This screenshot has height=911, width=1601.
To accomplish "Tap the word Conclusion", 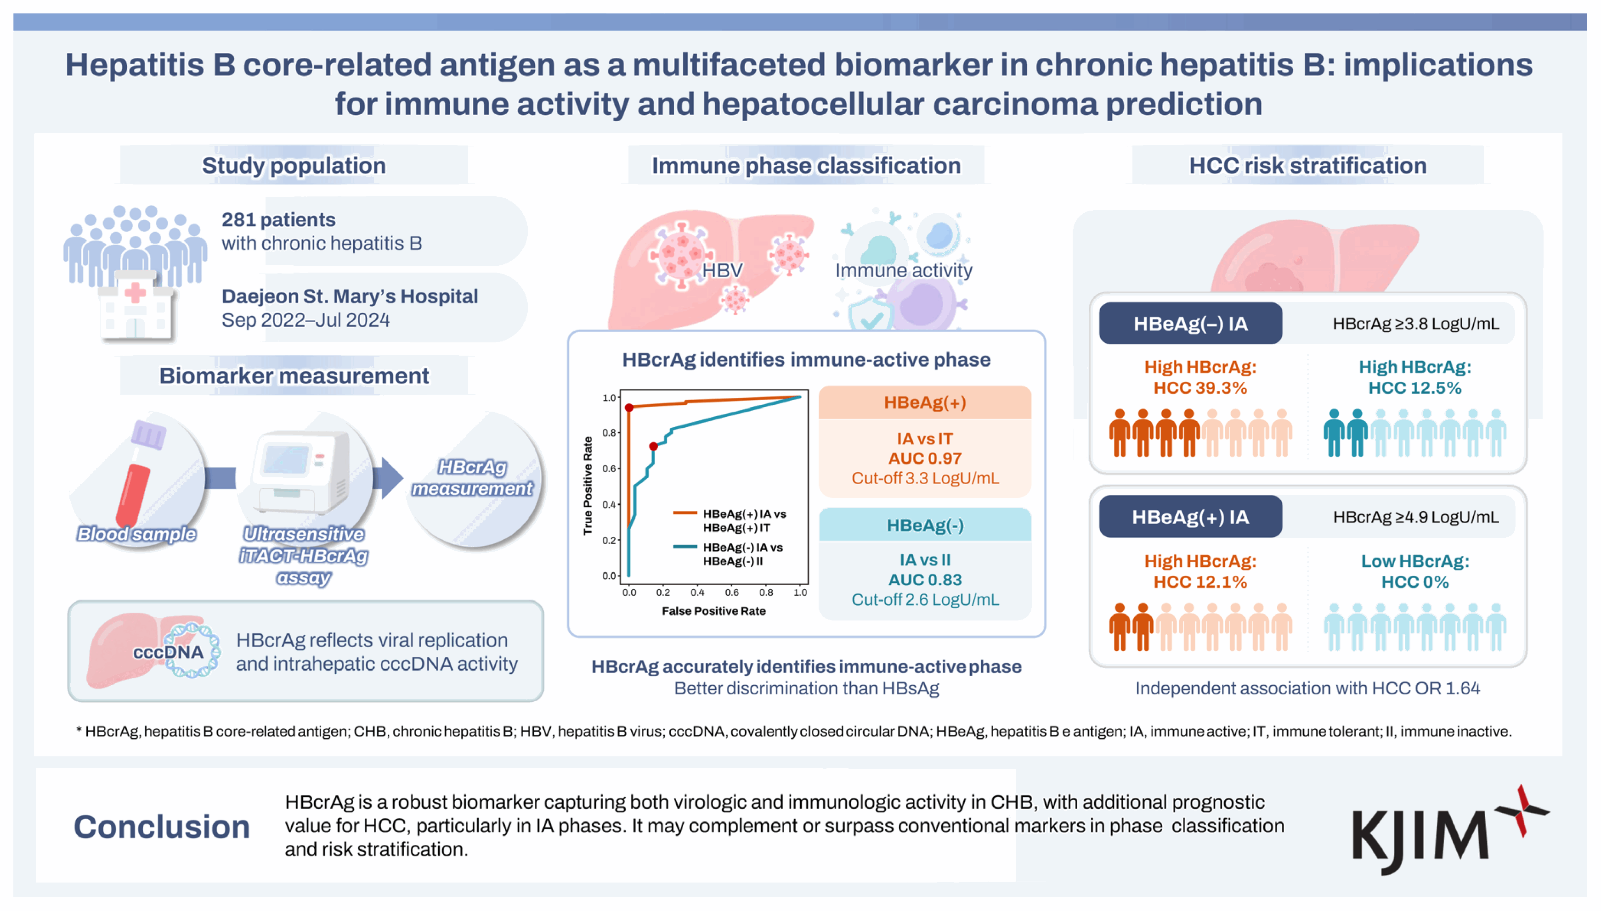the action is coord(162,827).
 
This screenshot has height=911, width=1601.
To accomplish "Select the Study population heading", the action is coord(294,165).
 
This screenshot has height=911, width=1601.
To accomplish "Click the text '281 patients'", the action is coord(279,220).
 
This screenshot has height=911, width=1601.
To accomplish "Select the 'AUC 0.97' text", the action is coord(925,458).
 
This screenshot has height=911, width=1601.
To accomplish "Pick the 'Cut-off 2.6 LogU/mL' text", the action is coord(925,599).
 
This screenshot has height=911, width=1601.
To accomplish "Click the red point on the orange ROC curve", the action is coord(629,408).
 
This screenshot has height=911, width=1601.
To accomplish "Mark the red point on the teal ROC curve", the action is coord(653,446).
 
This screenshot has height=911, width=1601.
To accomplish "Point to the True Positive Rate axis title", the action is coord(587,486).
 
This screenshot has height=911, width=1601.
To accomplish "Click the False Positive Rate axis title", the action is coord(714,611).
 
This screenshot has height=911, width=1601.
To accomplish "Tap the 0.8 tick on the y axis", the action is coord(609,433).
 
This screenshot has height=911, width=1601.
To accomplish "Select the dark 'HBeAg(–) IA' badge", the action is coord(1190,324).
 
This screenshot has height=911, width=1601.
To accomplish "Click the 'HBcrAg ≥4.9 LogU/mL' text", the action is coord(1416,517).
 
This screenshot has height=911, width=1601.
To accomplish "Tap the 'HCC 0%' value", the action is coord(1415,582).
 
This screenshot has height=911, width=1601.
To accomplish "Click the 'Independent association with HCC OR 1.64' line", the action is coord(1307,688).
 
